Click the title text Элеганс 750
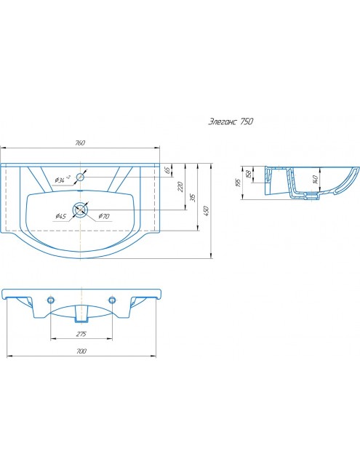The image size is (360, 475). tap(231, 121)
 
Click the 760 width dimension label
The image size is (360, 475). tap(79, 143)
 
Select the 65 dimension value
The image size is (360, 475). tap(167, 169)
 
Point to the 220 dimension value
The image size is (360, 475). tap(180, 187)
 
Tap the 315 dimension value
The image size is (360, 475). tap(193, 197)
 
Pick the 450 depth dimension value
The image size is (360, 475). tap(207, 211)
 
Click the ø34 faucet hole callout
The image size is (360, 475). tap(62, 180)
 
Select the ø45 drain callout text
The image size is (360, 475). tap(60, 216)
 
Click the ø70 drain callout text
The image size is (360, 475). tap(104, 216)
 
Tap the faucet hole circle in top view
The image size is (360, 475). tap(80, 177)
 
